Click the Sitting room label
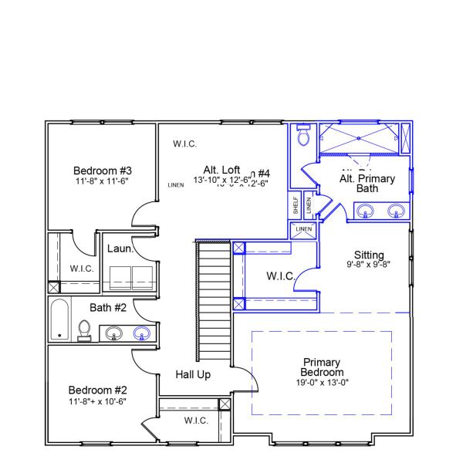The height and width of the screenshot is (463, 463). click(368, 254)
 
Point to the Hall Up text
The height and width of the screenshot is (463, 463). click(193, 374)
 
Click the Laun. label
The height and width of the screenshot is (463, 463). click(120, 248)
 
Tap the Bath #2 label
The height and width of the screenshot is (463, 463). click(107, 307)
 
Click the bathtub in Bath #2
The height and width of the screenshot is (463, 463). click(59, 321)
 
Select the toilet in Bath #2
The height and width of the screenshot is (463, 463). click(85, 330)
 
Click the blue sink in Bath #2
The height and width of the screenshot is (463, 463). click(141, 333)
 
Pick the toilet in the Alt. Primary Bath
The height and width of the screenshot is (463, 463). click(303, 136)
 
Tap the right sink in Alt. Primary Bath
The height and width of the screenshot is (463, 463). click(397, 209)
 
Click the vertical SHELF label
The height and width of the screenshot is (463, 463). click(296, 206)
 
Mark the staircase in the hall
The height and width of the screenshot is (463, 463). click(214, 301)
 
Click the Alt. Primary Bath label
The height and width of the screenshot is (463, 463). click(367, 184)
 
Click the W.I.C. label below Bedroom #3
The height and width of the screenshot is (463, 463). click(81, 269)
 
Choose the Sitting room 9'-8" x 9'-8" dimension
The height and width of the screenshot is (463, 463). click(368, 264)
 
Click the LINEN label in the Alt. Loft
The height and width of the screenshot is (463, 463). click(175, 185)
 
